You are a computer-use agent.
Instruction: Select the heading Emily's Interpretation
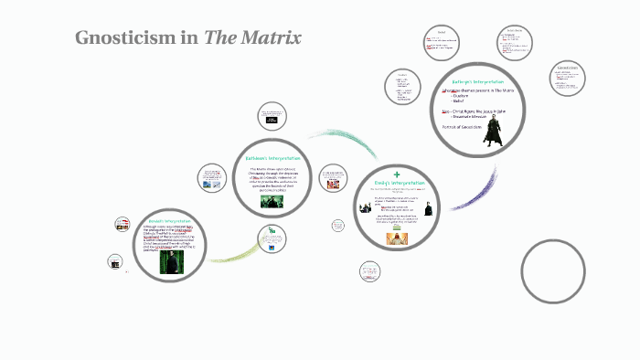[x=397, y=184]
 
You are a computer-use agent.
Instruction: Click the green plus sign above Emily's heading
[x=397, y=174]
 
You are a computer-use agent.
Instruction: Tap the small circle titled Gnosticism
[x=569, y=80]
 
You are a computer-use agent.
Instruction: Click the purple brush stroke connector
[x=472, y=192]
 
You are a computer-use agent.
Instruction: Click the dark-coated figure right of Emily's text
[x=428, y=209]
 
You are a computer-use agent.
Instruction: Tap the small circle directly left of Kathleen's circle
[x=212, y=179]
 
